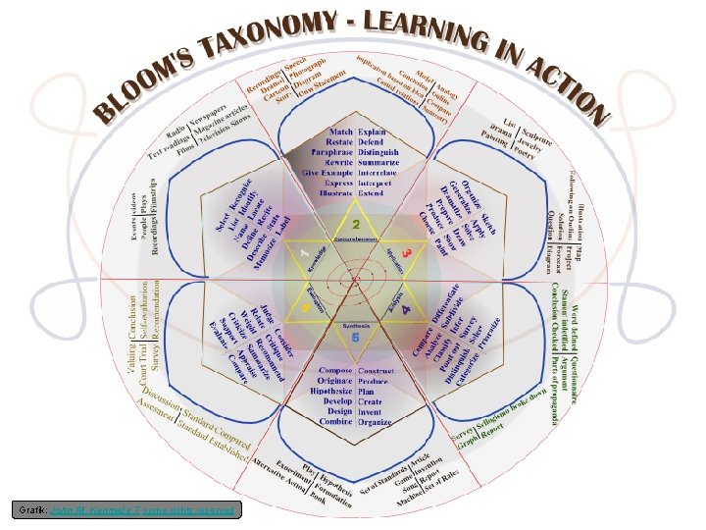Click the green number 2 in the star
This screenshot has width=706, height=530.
[x=356, y=225]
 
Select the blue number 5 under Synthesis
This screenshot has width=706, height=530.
[x=355, y=337]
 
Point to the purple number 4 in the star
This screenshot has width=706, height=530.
[x=405, y=310]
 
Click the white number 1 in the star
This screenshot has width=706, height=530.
[x=304, y=252]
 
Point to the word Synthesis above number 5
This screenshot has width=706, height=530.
[x=355, y=323]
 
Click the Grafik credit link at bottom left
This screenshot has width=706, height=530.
[x=126, y=509]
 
